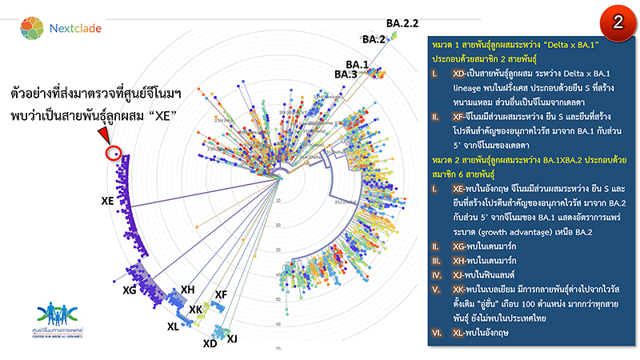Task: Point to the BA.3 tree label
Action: point(346,74)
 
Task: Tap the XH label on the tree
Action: point(188,289)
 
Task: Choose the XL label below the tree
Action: point(174,326)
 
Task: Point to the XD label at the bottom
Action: point(210,344)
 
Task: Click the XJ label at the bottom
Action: point(233,339)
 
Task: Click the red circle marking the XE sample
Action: point(113,151)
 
